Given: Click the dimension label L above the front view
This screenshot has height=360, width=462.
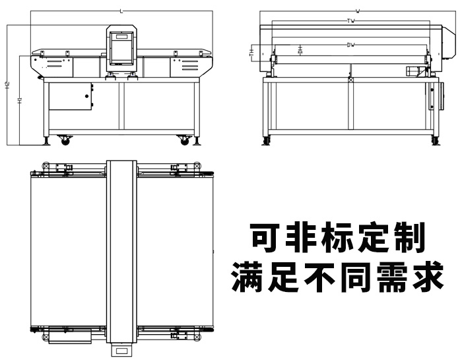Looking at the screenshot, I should click(x=121, y=11).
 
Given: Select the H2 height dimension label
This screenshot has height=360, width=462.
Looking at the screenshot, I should click(x=7, y=85).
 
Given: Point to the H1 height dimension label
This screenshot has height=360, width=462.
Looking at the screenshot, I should click(x=20, y=100).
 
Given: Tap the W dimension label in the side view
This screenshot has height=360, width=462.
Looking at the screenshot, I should click(x=357, y=11).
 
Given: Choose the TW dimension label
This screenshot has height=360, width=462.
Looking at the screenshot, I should click(x=351, y=21).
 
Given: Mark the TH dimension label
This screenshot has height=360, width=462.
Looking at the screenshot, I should click(x=251, y=52).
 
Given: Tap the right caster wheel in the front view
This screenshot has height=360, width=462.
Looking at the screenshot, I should click(x=183, y=139).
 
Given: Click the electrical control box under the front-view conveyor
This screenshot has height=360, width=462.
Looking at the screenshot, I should click(x=70, y=96).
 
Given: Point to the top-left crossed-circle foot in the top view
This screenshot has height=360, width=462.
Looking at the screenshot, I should click(x=46, y=166).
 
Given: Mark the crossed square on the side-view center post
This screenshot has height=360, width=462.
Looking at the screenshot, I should click(x=350, y=80).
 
